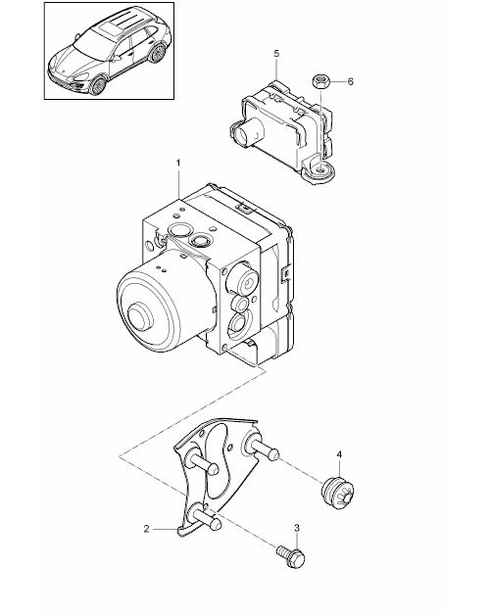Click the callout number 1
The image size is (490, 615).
click(x=178, y=163)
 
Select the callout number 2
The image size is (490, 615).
click(x=146, y=529)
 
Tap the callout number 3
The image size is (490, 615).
click(x=297, y=528)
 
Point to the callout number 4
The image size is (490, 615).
click(x=339, y=454)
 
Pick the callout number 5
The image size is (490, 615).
click(x=276, y=53)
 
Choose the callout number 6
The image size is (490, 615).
click(x=350, y=81)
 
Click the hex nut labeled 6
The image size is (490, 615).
click(x=320, y=81)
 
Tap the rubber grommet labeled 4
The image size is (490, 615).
click(x=338, y=493)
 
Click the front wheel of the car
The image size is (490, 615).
click(x=98, y=85)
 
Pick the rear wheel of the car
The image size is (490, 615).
click(x=158, y=53)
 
